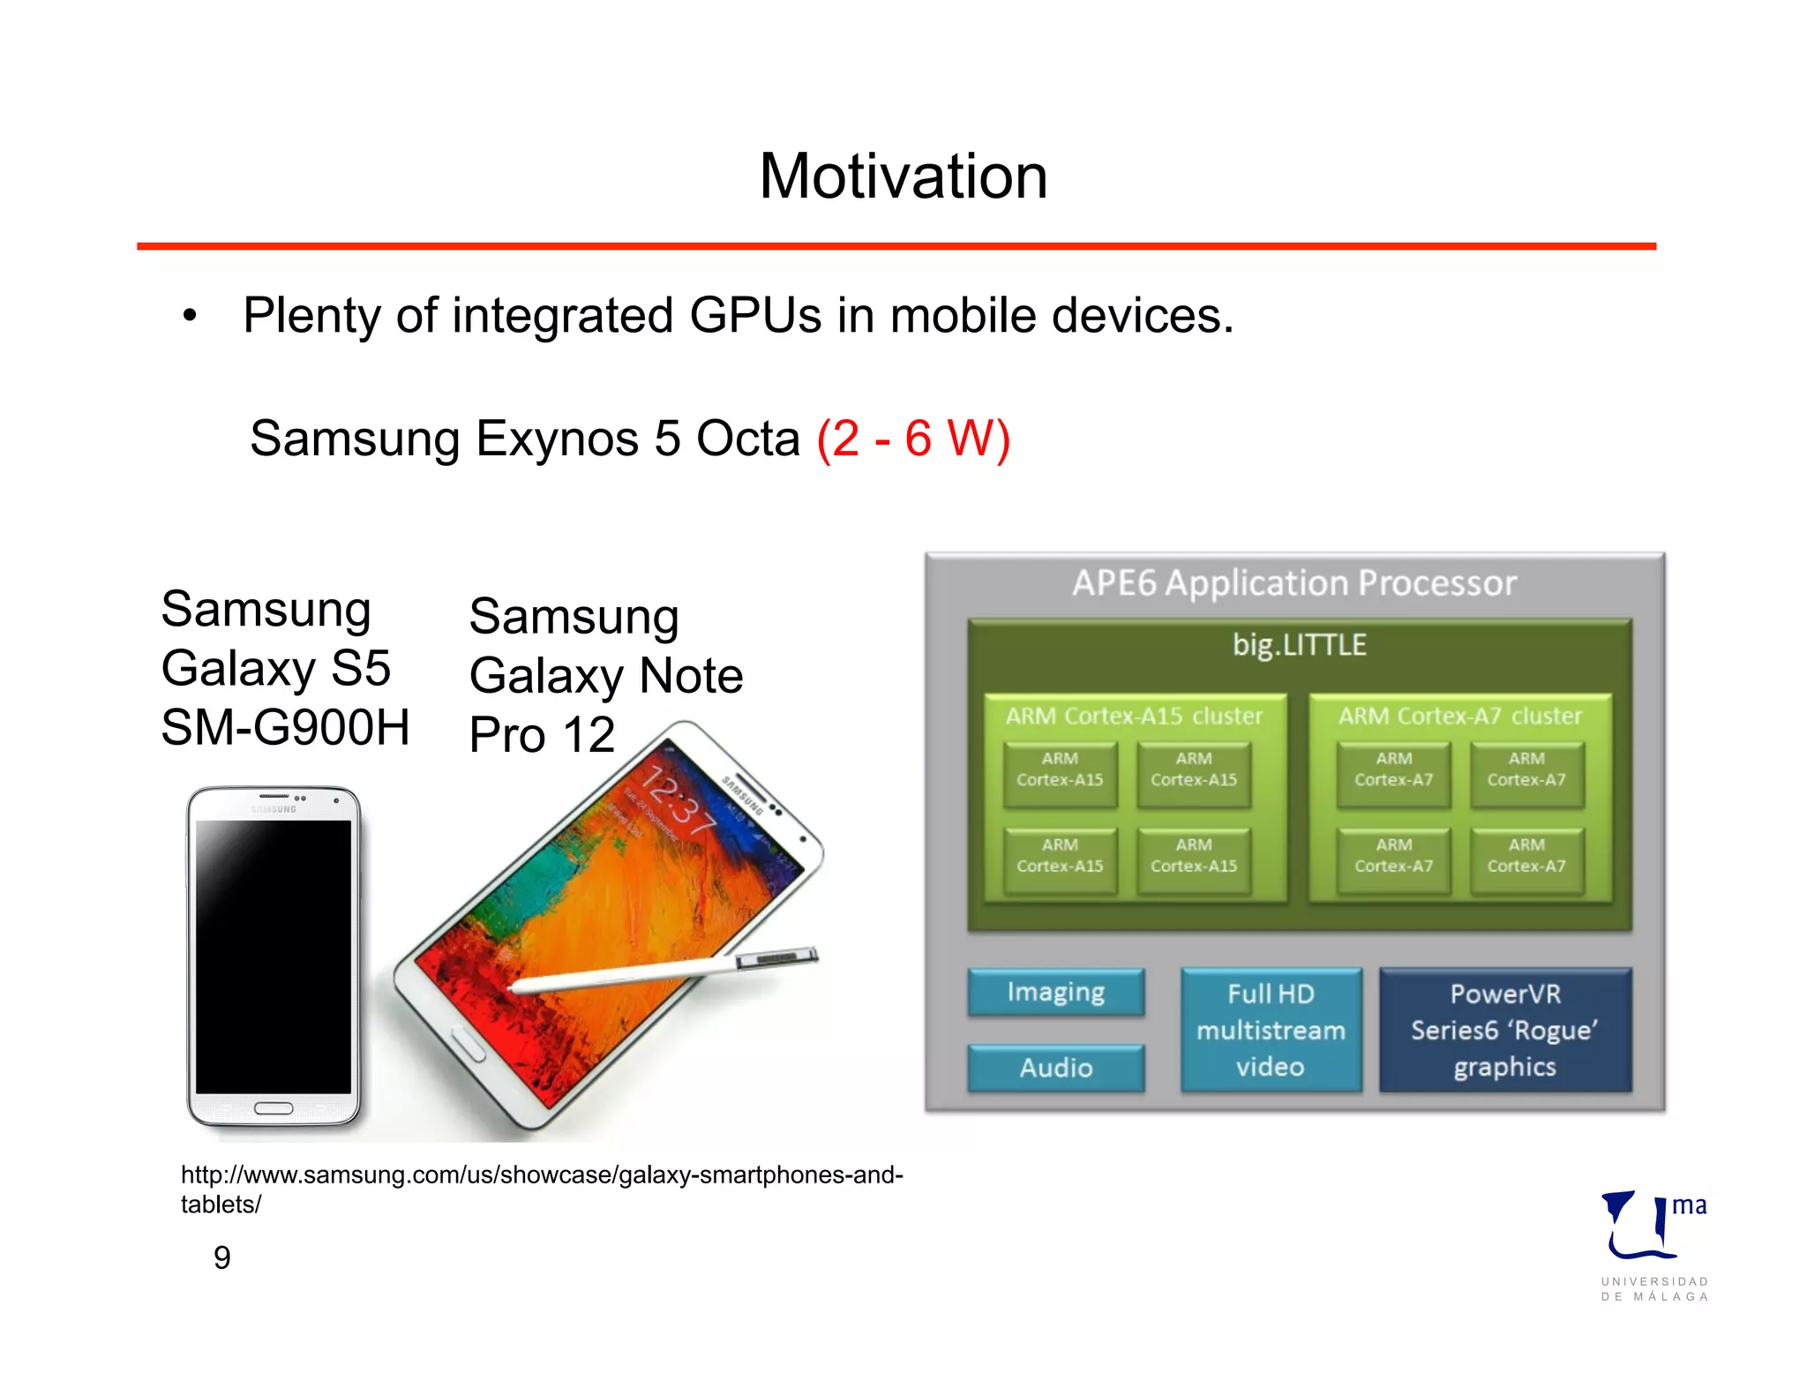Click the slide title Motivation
[x=903, y=176]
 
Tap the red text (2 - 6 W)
[x=912, y=439]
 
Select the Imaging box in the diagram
[x=1055, y=993]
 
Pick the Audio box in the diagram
[x=1055, y=1068]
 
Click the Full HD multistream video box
[x=1271, y=1030]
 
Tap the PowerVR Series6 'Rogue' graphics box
[x=1504, y=1030]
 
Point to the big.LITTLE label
[x=1299, y=645]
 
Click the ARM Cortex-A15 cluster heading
[x=1134, y=716]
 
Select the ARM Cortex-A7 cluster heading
[x=1459, y=716]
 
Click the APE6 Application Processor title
[x=1293, y=583]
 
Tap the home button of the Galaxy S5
[x=274, y=1108]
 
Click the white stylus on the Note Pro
[x=662, y=972]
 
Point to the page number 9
[x=222, y=1257]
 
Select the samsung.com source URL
[x=541, y=1188]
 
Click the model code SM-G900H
[x=285, y=728]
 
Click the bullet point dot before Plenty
[x=190, y=316]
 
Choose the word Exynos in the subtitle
[x=557, y=439]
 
